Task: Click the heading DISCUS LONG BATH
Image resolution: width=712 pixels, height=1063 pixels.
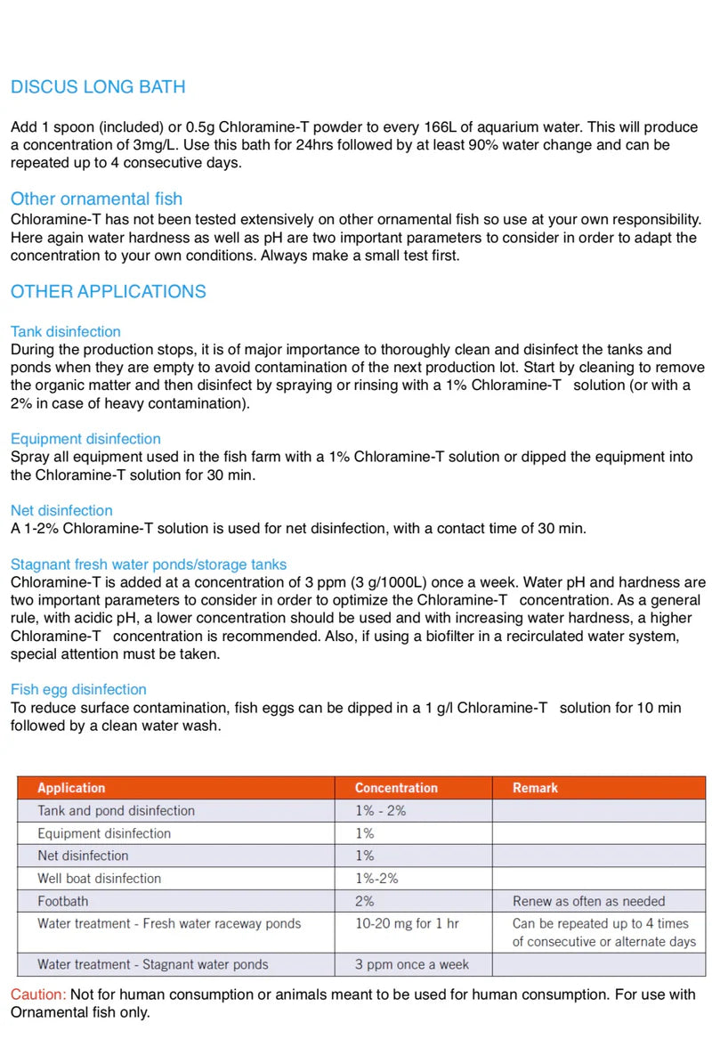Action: point(98,87)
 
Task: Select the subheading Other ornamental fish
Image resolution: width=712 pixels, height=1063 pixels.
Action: point(96,199)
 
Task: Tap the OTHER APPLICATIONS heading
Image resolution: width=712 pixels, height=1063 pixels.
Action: point(108,291)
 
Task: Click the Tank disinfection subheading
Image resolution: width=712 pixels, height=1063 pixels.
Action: point(66,331)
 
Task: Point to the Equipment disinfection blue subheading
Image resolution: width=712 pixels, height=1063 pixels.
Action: point(85,438)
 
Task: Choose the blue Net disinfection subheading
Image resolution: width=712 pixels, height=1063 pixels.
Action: point(61,510)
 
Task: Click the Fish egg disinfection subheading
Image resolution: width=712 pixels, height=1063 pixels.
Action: point(78,689)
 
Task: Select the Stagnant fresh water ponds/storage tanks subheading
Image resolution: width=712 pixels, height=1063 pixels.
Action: point(149,564)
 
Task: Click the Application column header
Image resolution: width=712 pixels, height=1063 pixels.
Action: point(71,788)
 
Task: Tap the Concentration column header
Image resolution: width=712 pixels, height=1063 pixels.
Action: point(396,788)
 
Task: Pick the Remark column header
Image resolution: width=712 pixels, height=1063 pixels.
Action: point(536,788)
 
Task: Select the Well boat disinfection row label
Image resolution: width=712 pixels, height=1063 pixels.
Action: point(99,878)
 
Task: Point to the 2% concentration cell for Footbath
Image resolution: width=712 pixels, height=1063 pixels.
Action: point(364,901)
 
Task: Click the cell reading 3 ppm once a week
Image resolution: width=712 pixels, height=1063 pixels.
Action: point(411,964)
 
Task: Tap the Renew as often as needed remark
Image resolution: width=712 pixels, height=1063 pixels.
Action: point(588,901)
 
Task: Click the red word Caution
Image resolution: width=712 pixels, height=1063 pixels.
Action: point(37,994)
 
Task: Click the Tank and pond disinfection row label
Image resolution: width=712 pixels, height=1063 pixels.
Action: point(116,810)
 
